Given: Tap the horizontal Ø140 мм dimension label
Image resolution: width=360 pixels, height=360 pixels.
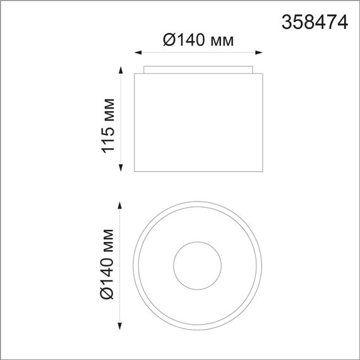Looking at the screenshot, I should click(198, 41).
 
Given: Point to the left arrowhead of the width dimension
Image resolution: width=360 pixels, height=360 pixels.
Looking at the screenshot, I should click(138, 53).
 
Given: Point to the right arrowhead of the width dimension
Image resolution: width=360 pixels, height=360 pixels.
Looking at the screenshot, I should click(260, 53).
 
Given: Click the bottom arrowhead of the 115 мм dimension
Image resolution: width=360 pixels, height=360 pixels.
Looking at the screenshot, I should click(120, 169).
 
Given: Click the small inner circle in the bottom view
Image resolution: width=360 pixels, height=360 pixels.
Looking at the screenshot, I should click(198, 265).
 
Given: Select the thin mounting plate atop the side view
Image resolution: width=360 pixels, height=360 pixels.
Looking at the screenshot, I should click(198, 69).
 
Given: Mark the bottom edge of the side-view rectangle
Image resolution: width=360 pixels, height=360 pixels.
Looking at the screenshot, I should click(198, 171).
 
